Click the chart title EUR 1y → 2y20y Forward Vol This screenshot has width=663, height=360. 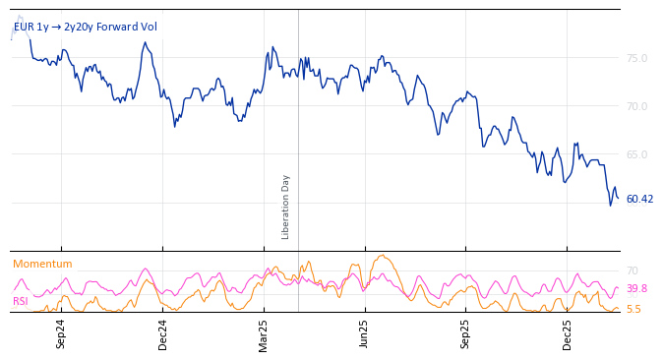85,28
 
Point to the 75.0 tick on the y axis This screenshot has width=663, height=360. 636,58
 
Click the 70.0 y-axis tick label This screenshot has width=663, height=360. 636,106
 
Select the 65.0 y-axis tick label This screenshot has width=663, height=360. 636,154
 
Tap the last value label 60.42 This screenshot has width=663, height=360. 639,199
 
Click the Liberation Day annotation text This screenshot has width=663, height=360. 286,207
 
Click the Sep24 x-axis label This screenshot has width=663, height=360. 61,333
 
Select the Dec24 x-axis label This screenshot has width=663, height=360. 163,333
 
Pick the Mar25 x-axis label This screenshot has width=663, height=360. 264,333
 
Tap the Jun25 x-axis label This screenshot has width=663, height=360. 364,333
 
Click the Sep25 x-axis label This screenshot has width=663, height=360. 465,333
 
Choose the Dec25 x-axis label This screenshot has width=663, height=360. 568,333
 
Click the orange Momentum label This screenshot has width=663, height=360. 42,264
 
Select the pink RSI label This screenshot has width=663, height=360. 21,301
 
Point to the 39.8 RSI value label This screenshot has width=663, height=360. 636,288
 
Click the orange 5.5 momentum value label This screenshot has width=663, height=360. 633,309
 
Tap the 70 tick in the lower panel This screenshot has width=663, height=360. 633,270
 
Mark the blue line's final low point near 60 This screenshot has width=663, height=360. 610,205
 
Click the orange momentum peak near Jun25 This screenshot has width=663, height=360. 382,256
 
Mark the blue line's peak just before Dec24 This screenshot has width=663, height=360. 145,42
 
